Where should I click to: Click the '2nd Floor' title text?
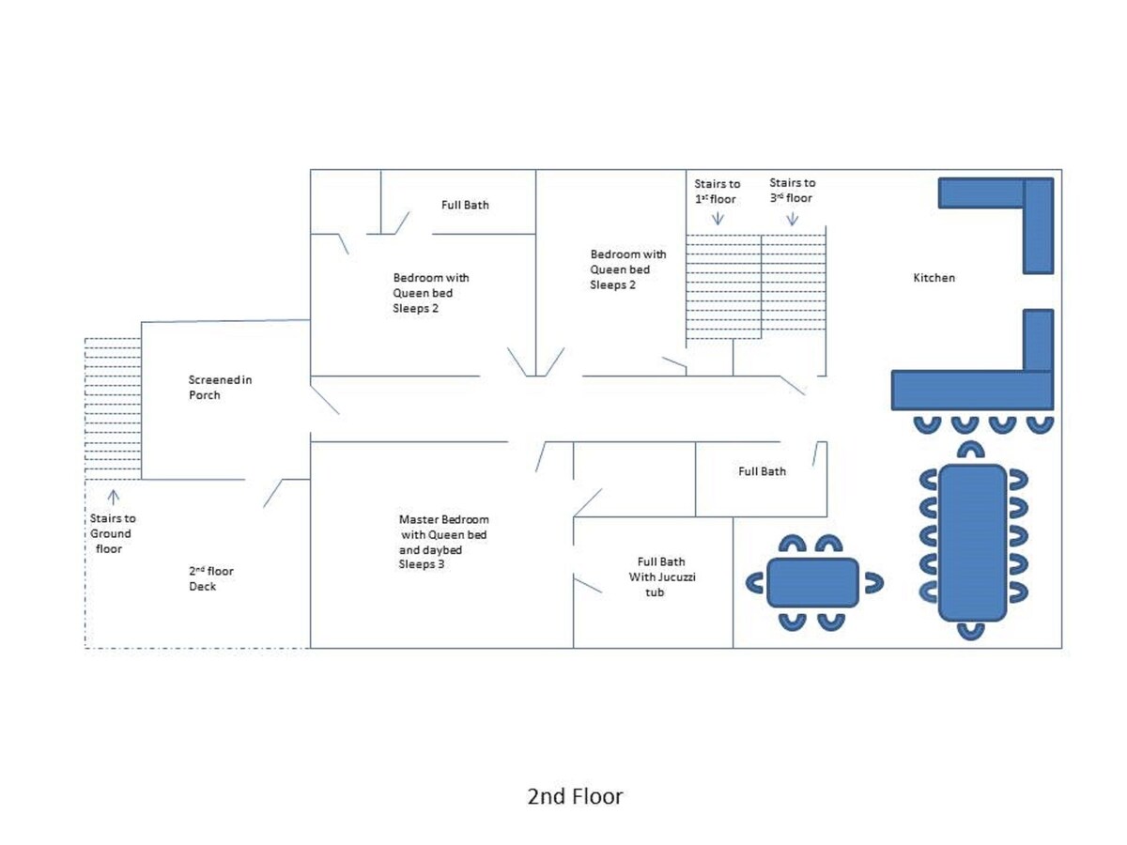575,797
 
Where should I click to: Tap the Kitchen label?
934,278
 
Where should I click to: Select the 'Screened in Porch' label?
219,388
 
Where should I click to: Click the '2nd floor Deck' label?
210,578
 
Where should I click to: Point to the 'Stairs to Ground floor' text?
113,532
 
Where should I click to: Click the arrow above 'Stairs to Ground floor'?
114,495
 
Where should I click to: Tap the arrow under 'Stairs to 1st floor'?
718,218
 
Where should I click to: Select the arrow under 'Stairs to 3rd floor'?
792,218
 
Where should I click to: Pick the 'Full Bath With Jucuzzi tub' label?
657,577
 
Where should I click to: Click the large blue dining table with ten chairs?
972,542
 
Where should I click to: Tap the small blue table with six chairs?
812,582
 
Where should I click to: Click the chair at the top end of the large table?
972,450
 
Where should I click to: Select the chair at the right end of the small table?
873,582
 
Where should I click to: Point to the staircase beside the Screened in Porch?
113,408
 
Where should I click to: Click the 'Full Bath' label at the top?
465,205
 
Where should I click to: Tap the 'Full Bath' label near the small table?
762,471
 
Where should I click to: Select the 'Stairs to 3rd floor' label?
792,191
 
